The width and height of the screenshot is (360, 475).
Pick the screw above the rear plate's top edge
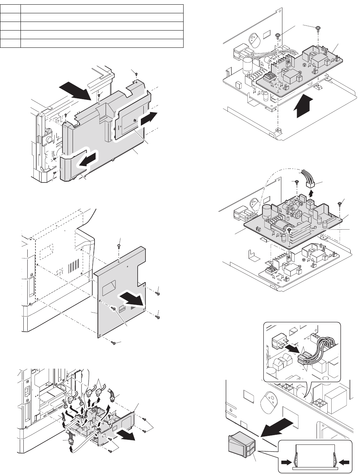[119, 246]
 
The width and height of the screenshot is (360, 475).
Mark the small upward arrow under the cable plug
[311, 192]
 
